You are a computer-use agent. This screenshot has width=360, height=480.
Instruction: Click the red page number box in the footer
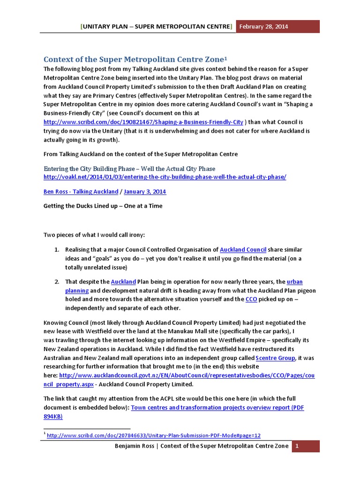coord(296,446)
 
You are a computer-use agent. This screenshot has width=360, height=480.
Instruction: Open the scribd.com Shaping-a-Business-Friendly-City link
coord(143,122)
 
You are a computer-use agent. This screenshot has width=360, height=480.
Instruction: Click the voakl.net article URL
coord(165,177)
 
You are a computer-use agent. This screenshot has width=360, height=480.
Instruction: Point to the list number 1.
coord(56,250)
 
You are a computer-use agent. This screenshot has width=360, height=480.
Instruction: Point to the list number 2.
coord(56,282)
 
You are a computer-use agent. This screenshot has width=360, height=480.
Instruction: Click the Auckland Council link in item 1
coord(243,250)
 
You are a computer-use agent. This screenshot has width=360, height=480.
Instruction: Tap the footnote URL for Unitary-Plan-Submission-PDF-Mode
coord(154,435)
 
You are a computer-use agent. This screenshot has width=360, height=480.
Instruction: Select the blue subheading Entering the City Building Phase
coord(129,168)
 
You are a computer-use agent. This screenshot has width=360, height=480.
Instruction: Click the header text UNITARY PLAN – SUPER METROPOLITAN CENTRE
coord(157,26)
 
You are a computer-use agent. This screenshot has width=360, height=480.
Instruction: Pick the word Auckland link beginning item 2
coord(123,282)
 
